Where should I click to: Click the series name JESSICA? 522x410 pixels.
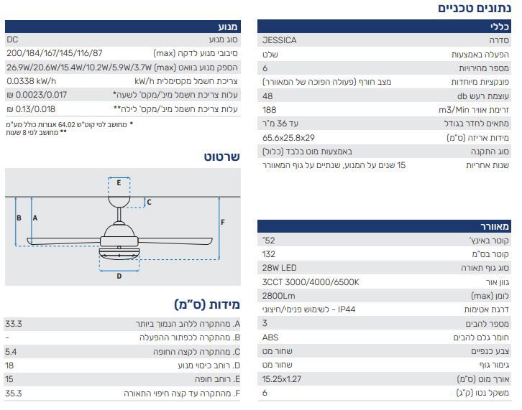pos(279,40)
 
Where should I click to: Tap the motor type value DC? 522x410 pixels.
pos(12,39)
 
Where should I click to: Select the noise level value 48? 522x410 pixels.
pos(267,96)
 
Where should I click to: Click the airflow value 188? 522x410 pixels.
pos(270,110)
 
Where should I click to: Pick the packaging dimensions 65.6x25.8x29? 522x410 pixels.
pos(288,138)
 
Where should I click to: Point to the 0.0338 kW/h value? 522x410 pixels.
pos(32,81)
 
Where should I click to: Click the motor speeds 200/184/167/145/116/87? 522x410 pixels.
pos(55,53)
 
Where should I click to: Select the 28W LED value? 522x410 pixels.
pos(279,268)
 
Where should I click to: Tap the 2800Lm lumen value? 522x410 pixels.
pos(278,296)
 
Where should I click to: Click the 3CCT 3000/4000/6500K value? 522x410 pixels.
pos(311,282)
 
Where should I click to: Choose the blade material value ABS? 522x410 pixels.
pos(270,337)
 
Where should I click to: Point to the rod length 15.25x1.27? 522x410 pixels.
pos(282,378)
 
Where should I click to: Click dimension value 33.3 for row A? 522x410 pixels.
pos(14,324)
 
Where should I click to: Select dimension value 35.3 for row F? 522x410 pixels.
pos(14,393)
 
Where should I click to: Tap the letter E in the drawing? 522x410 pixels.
pos(119,182)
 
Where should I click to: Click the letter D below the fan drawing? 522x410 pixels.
pos(119,276)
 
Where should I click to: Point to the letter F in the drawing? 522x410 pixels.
pos(223,222)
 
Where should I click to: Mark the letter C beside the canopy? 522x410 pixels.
pos(149,202)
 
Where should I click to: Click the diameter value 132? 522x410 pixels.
pos(269,254)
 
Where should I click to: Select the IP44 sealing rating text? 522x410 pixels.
pos(347,309)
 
